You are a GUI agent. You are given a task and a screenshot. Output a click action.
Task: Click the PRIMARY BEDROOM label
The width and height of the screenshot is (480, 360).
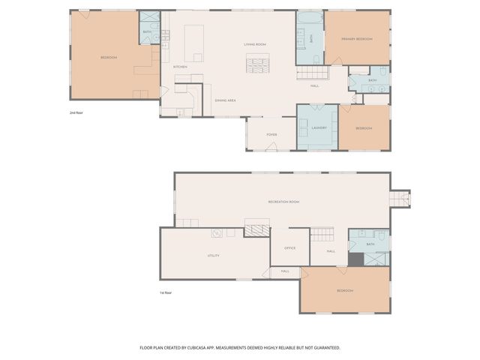pos(357,38)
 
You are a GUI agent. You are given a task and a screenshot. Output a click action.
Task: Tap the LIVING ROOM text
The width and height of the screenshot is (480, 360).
pos(256,44)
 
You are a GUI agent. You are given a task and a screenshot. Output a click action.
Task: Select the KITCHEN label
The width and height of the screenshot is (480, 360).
pos(180,67)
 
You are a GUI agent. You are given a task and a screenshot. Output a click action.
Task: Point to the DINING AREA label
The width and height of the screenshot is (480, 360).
pos(226,100)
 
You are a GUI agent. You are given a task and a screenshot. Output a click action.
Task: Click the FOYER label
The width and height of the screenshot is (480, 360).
pos(271,134)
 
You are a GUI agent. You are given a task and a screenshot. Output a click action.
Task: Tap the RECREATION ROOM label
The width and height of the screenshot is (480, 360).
pos(283,202)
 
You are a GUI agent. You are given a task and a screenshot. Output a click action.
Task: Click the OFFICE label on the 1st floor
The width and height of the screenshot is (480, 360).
pos(289,247)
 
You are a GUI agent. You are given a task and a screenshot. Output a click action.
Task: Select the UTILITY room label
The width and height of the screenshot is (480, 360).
pos(214,256)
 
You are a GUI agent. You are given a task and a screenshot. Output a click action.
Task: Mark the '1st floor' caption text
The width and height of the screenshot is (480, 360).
pos(166,292)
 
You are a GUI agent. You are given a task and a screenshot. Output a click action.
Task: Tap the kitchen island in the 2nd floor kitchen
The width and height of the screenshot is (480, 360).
pos(194,43)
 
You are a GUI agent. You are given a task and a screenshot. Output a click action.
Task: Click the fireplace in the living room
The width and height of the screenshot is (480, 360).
pos(257,65)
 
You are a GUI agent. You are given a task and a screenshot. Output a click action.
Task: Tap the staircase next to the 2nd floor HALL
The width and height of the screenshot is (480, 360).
pos(313,73)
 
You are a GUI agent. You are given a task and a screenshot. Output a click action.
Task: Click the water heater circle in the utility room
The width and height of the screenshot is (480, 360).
pos(215,232)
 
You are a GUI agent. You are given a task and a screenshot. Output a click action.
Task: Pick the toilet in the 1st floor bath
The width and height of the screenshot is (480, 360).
pos(382,237)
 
